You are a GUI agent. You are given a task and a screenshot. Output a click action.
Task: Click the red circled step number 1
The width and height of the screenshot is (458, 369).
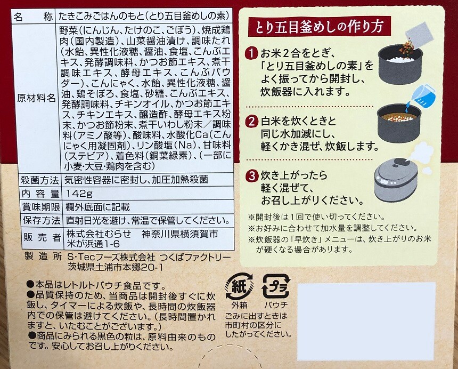(x=252, y=54)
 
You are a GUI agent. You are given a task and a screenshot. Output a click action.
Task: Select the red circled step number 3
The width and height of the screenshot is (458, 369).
(x=252, y=176)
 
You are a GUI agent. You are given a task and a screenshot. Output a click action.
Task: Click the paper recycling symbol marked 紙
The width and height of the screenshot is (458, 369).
(x=239, y=286)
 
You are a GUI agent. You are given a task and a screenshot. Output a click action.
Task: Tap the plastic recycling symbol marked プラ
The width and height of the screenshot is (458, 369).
(x=275, y=286)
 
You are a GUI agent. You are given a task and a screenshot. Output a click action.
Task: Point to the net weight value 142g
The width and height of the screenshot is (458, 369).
(x=79, y=194)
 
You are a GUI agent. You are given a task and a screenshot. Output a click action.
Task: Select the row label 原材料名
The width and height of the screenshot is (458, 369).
(x=36, y=98)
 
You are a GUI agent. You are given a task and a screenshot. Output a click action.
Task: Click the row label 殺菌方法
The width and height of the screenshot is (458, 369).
(x=40, y=180)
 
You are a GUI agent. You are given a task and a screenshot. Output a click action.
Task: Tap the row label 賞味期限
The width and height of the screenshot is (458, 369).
(x=41, y=207)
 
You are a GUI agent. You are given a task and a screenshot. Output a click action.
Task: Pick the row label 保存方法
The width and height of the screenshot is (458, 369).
(x=42, y=220)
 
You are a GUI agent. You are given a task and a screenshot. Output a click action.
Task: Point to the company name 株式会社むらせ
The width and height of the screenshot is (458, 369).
(x=99, y=234)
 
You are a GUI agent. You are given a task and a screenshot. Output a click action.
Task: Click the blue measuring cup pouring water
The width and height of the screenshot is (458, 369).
(x=421, y=96)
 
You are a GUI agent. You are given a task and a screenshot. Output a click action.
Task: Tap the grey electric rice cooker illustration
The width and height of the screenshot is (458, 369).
(x=396, y=180)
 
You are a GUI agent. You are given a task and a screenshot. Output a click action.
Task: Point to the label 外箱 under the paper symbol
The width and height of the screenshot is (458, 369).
(x=240, y=305)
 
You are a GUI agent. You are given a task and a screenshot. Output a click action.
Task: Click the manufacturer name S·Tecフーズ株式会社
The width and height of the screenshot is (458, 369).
(x=111, y=257)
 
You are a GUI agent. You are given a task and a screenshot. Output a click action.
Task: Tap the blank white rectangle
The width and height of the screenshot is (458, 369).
(x=366, y=322)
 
